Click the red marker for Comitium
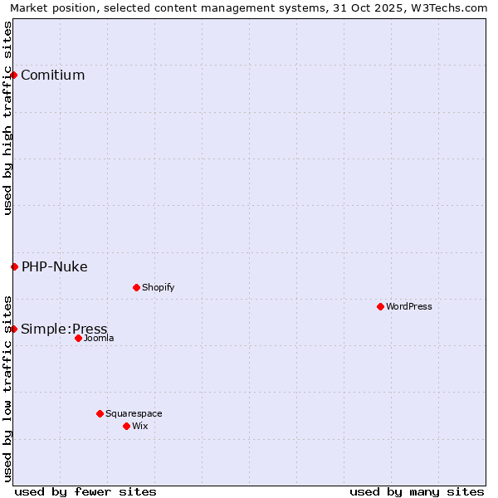pyautogui.click(x=14, y=76)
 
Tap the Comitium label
pyautogui.click(x=52, y=76)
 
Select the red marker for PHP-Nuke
pyautogui.click(x=14, y=266)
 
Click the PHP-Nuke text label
pyautogui.click(x=54, y=266)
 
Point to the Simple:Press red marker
pyautogui.click(x=14, y=329)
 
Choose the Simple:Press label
pyautogui.click(x=64, y=329)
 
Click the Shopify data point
pyautogui.click(x=136, y=287)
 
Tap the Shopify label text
pyautogui.click(x=158, y=287)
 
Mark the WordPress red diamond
pyautogui.click(x=380, y=306)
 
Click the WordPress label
pyautogui.click(x=409, y=306)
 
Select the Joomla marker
pyautogui.click(x=78, y=338)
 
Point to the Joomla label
pyautogui.click(x=99, y=338)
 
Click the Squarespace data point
pyautogui.click(x=100, y=413)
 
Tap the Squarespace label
pyautogui.click(x=134, y=413)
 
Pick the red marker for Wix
pyautogui.click(x=126, y=426)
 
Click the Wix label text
pyautogui.click(x=140, y=426)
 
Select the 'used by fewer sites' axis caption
pyautogui.click(x=85, y=491)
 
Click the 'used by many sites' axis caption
pyautogui.click(x=417, y=491)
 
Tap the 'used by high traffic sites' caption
pyautogui.click(x=7, y=118)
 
